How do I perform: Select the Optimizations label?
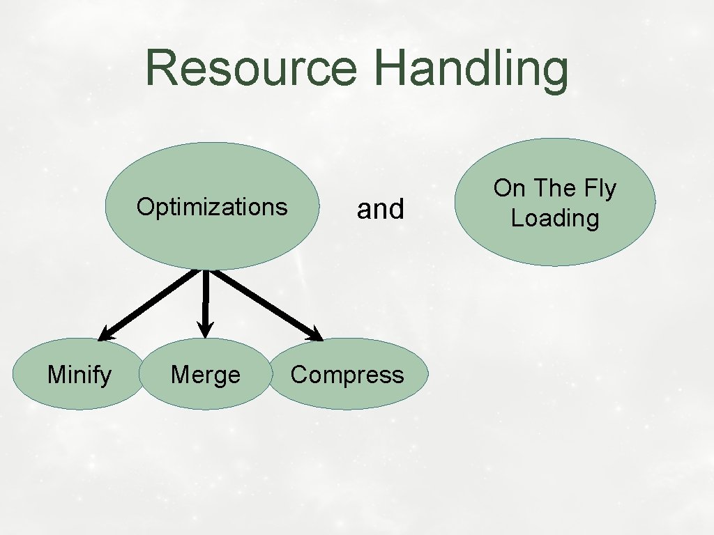click(x=212, y=207)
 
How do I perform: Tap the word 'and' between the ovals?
click(x=380, y=209)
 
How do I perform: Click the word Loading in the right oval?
click(x=555, y=218)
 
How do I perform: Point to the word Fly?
click(x=598, y=189)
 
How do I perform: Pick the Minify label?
click(x=79, y=375)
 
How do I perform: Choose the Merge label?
click(x=206, y=375)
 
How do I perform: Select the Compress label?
click(x=347, y=375)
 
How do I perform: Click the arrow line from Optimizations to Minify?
click(x=153, y=303)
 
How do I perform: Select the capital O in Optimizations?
click(x=144, y=207)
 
